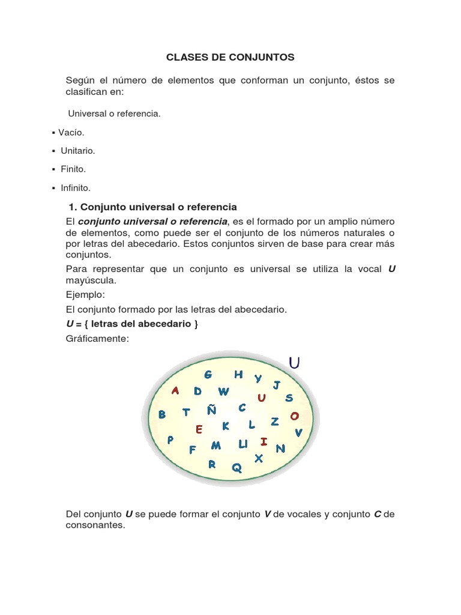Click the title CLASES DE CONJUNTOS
pos(230,58)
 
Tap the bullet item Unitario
pos(77,151)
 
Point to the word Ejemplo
pos(85,295)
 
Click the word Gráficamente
pos(97,339)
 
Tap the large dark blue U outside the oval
pos(294,363)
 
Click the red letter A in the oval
pos(175,390)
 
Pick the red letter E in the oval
pos(199,429)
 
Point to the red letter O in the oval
pos(294,416)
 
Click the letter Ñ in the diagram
pos(212,410)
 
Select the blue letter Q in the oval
pos(237,468)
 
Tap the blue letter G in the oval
pos(208,375)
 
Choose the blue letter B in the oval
pos(161,414)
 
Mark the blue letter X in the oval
pos(259,458)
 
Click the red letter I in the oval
pos(264,442)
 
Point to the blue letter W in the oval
pos(223,392)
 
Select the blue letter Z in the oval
pos(275,422)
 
